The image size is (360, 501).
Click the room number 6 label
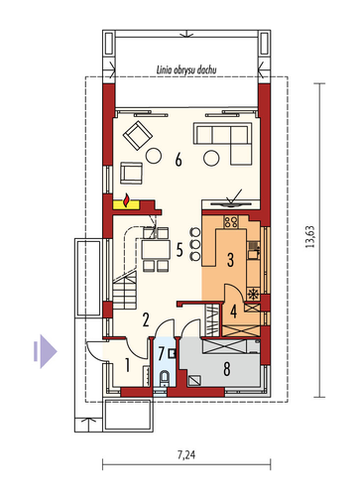[x=179, y=160]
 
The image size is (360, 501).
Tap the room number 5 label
[x=180, y=250]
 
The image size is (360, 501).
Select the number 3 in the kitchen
[x=230, y=260]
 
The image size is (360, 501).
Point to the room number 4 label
[x=234, y=312]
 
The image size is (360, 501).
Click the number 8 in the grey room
[x=227, y=369]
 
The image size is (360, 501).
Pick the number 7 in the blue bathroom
[x=161, y=353]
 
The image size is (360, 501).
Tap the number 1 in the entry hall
[x=127, y=365]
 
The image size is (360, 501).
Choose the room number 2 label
[x=146, y=319]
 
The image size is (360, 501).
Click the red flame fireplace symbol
[x=126, y=200]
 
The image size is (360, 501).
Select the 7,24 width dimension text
[x=186, y=455]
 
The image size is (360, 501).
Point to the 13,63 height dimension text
[x=310, y=237]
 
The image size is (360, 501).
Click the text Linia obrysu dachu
[x=186, y=70]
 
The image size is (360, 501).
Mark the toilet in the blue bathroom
[x=165, y=379]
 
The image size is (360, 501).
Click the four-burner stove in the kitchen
[x=231, y=221]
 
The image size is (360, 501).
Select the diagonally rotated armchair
[x=138, y=135]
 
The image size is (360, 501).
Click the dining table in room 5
[x=156, y=250]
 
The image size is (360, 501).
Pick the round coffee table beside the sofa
[x=211, y=158]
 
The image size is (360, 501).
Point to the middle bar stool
[x=195, y=245]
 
